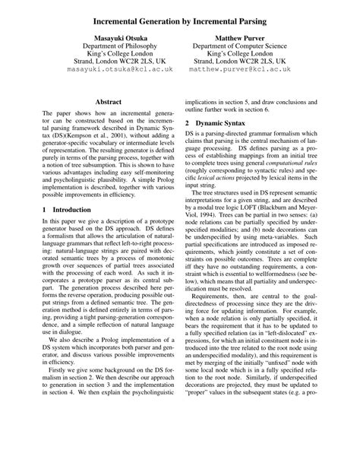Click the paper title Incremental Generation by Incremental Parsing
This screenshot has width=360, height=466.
[x=180, y=13]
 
